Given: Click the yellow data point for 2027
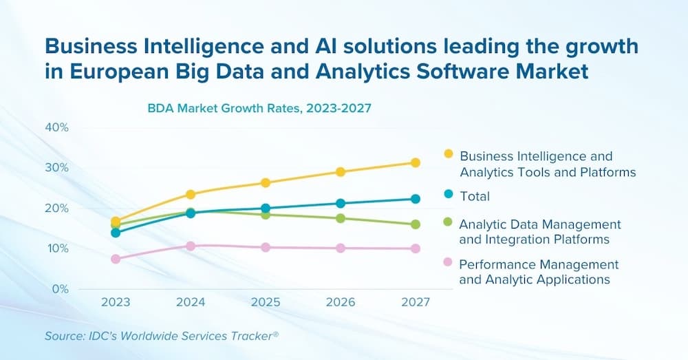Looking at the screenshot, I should pyautogui.click(x=416, y=162).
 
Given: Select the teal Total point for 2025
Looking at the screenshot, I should pyautogui.click(x=266, y=208).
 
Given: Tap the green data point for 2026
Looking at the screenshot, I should pyautogui.click(x=341, y=218).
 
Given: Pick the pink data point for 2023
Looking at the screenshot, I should pyautogui.click(x=116, y=259).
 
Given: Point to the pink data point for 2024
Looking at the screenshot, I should pyautogui.click(x=191, y=246).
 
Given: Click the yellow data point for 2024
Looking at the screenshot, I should pyautogui.click(x=191, y=194).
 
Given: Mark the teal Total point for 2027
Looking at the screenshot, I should pyautogui.click(x=416, y=199).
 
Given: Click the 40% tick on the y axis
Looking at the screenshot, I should pyautogui.click(x=57, y=127).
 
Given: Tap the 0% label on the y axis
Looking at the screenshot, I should pyautogui.click(x=61, y=288).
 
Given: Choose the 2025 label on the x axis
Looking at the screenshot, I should pyautogui.click(x=266, y=302).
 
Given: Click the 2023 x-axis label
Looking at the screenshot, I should pyautogui.click(x=116, y=302).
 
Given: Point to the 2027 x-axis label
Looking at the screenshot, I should pyautogui.click(x=416, y=302).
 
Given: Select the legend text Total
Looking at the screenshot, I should pyautogui.click(x=475, y=196).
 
